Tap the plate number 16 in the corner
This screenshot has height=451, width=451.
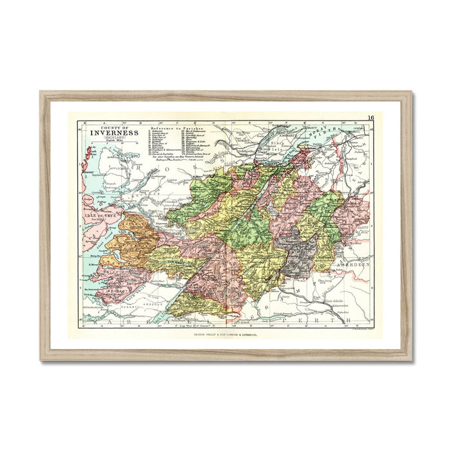tap(371, 118)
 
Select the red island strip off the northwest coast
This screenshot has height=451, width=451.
tap(84, 160)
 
